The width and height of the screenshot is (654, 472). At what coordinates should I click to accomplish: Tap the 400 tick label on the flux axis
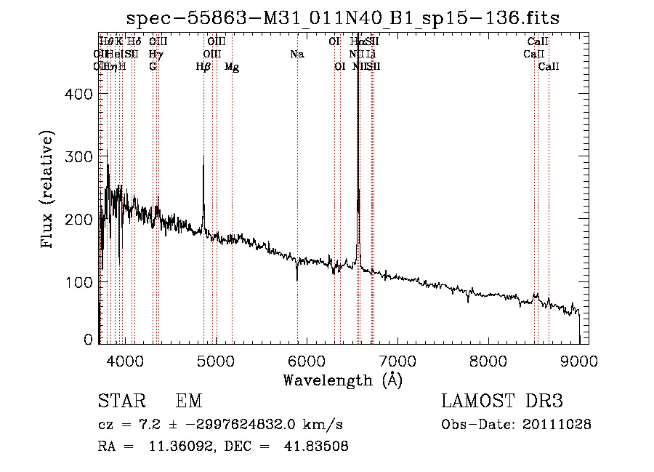[x=80, y=95]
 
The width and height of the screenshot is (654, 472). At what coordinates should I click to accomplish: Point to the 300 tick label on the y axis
[x=80, y=157]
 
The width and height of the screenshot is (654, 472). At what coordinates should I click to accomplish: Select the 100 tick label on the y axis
[x=80, y=282]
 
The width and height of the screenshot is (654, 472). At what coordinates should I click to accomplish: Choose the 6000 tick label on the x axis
[x=306, y=361]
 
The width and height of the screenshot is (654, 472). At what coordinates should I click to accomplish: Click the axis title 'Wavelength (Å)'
[x=342, y=380]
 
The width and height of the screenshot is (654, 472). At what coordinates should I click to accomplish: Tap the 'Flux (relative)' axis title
[x=49, y=191]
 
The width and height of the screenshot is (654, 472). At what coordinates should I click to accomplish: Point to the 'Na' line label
[x=296, y=54]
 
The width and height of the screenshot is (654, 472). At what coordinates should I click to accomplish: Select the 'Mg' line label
[x=232, y=67]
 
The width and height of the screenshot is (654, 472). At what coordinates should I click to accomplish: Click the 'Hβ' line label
[x=203, y=67]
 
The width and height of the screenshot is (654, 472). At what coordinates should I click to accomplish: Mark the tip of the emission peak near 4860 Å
[x=203, y=155]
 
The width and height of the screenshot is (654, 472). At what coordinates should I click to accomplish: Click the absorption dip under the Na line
[x=297, y=279]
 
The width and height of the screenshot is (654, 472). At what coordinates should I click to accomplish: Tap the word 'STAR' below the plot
[x=122, y=401]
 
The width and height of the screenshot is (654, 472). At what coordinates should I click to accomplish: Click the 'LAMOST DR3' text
[x=502, y=401]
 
